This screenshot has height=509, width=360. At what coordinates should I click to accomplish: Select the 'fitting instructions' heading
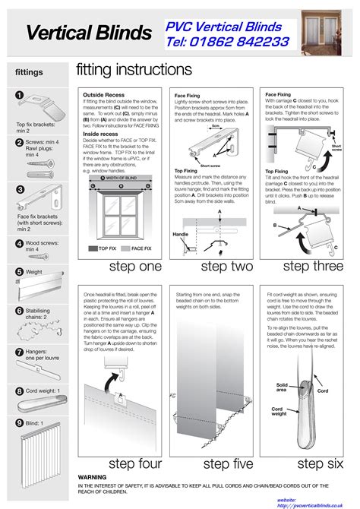[x=134, y=70]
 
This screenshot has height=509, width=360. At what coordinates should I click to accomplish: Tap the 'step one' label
[x=135, y=267]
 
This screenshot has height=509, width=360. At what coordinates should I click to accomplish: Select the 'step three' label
[x=306, y=267]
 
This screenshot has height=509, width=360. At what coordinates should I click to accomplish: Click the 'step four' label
[x=135, y=463]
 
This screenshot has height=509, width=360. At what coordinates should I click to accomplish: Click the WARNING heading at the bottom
[x=92, y=477]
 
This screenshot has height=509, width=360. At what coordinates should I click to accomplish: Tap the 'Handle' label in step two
[x=180, y=234]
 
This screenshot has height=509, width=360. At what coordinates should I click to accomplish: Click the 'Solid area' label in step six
[x=282, y=387]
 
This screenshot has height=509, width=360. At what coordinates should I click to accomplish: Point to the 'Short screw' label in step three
[x=336, y=149]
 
